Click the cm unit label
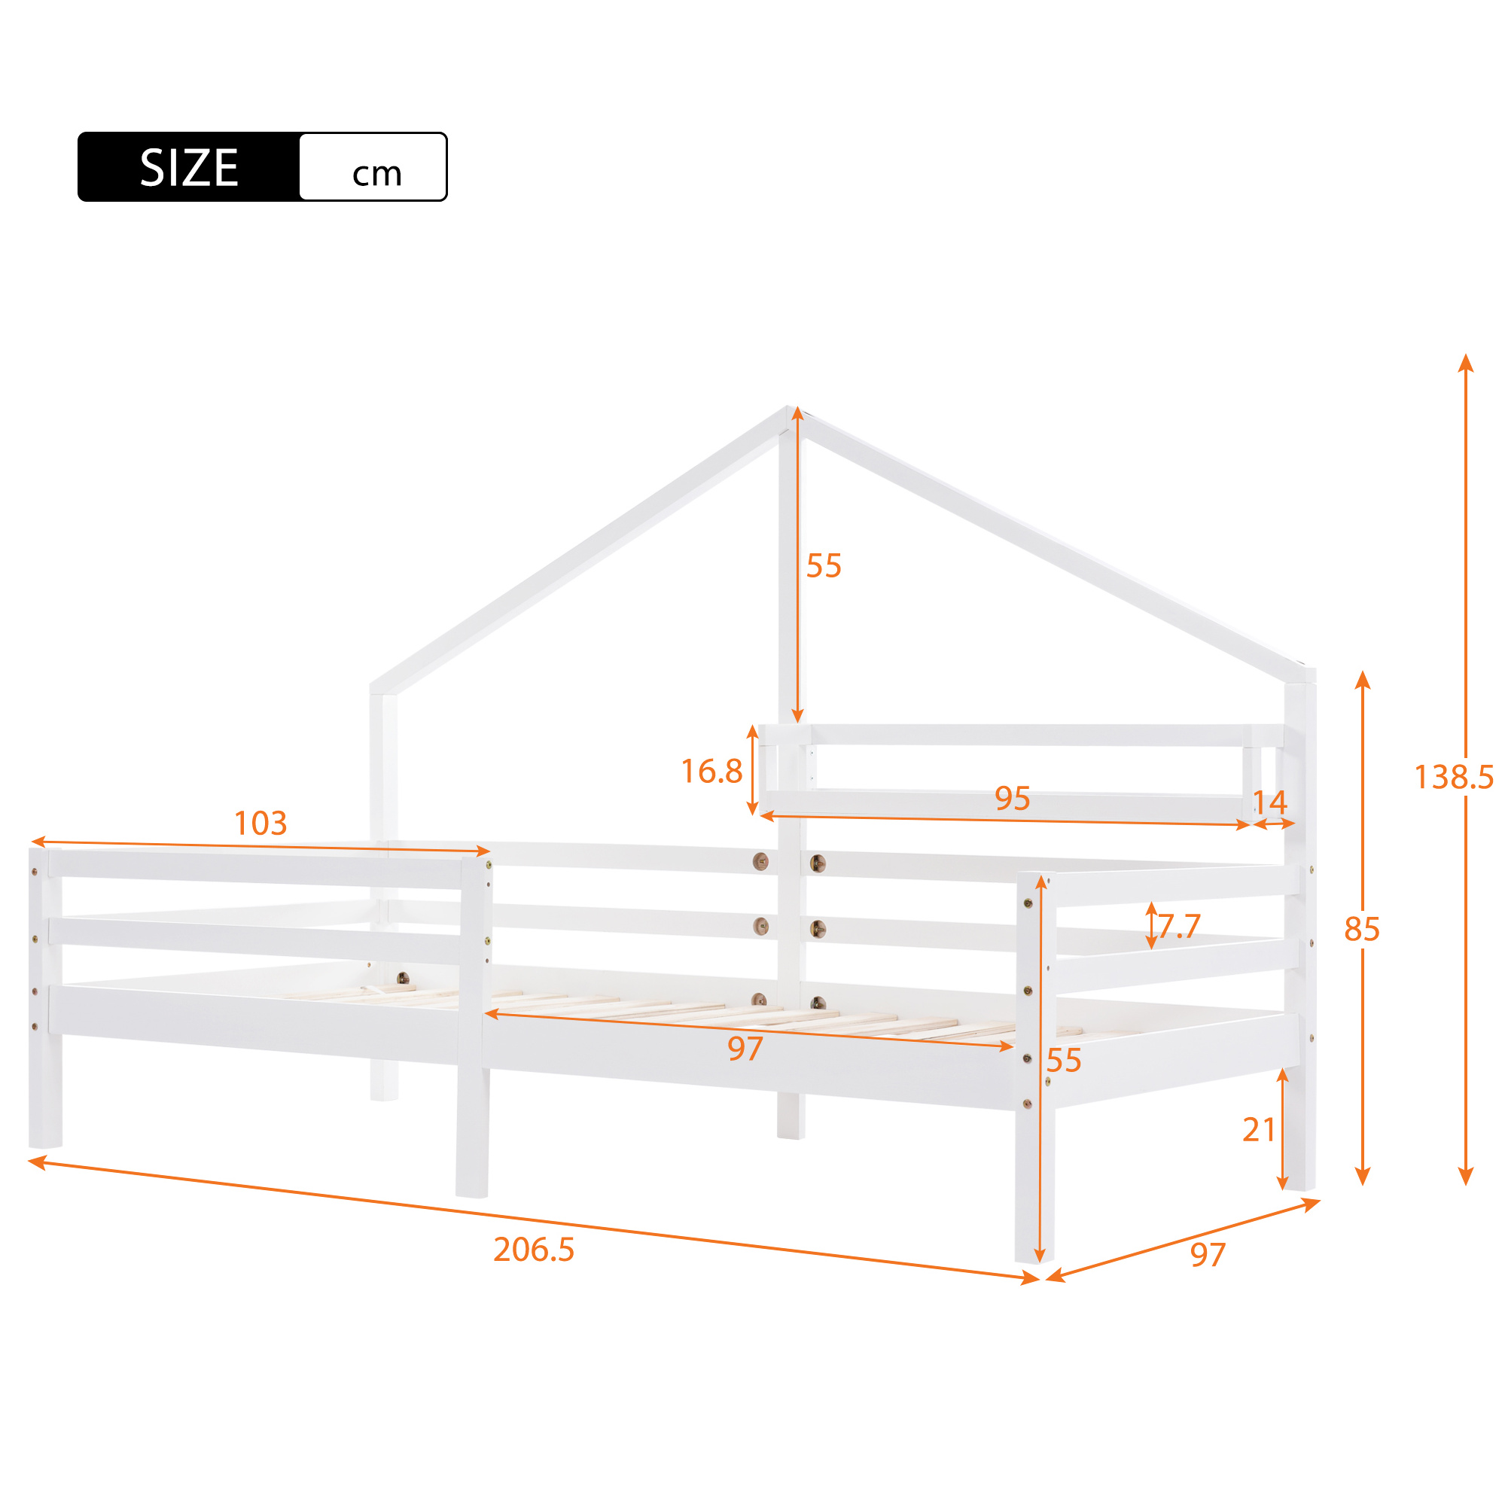377,174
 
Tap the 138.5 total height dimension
1453,776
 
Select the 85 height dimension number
1362,929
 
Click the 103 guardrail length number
260,823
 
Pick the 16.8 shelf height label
711,771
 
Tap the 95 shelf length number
1012,798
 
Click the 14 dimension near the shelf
1270,802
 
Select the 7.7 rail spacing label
1179,926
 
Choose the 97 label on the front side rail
745,1049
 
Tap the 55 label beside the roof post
824,566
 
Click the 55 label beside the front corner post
1064,1060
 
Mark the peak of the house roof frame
790,407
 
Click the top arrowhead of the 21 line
1283,1076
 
